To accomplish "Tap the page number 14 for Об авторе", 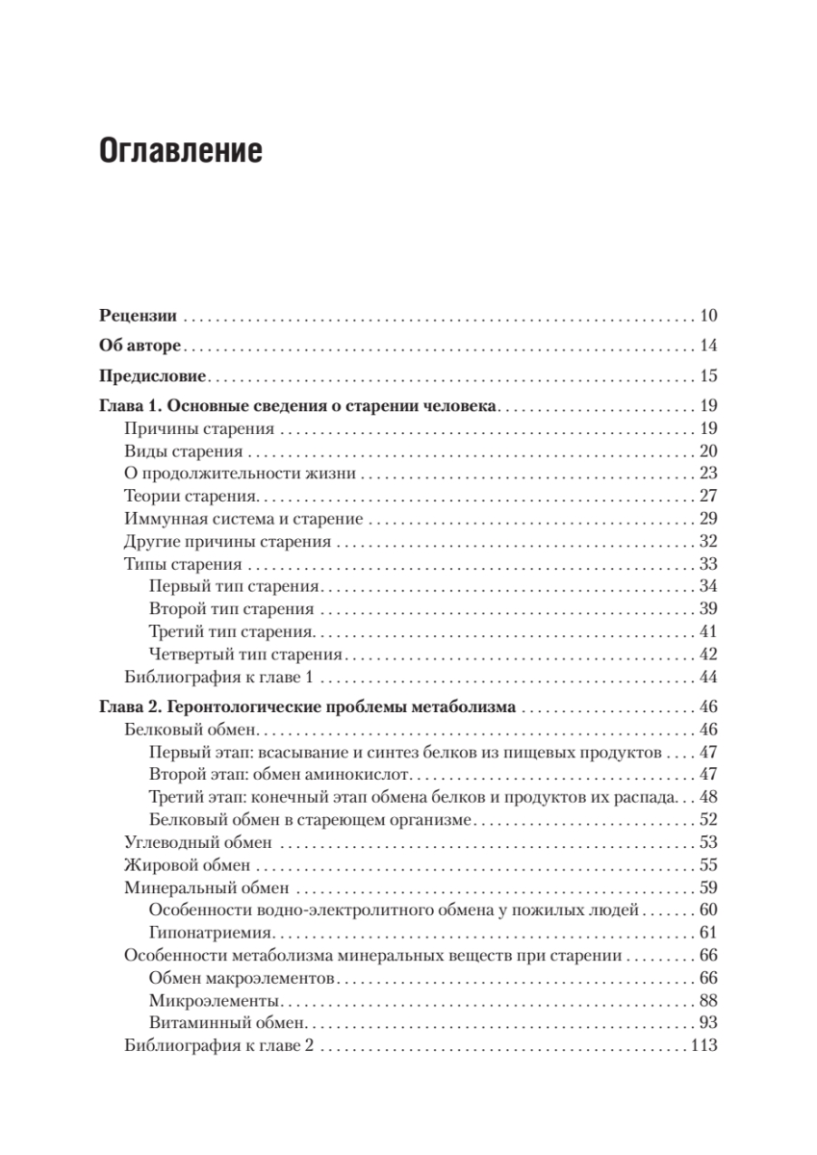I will pyautogui.click(x=709, y=346).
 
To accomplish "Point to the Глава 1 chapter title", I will pyautogui.click(x=297, y=407).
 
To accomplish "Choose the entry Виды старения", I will pyautogui.click(x=176, y=451).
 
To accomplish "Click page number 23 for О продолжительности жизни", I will pyautogui.click(x=709, y=474).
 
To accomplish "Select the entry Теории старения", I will pyautogui.click(x=191, y=497).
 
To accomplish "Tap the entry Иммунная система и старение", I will pyautogui.click(x=243, y=519).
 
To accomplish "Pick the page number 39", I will pyautogui.click(x=709, y=609).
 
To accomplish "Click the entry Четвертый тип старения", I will pyautogui.click(x=246, y=654).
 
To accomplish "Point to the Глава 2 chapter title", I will pyautogui.click(x=307, y=707).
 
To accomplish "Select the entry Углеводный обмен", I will pyautogui.click(x=198, y=842).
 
